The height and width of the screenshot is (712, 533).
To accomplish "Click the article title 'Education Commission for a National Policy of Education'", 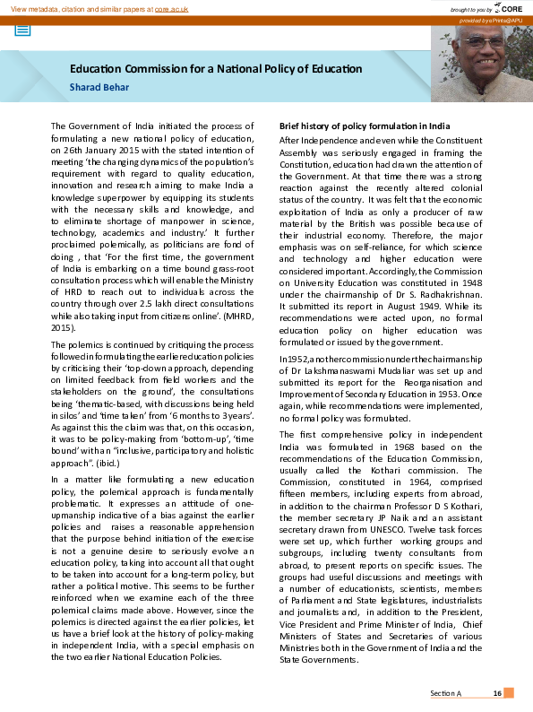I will [216, 69].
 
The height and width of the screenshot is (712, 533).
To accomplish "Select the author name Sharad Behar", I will [99, 87].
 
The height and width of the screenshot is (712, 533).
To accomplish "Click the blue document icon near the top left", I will [22, 29].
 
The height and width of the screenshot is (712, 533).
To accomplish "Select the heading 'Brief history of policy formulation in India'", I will [365, 126].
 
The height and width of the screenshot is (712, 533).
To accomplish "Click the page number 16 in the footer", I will [495, 693].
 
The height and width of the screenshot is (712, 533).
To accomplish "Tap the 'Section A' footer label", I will [445, 693].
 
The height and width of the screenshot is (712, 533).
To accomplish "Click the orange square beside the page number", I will [509, 693].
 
